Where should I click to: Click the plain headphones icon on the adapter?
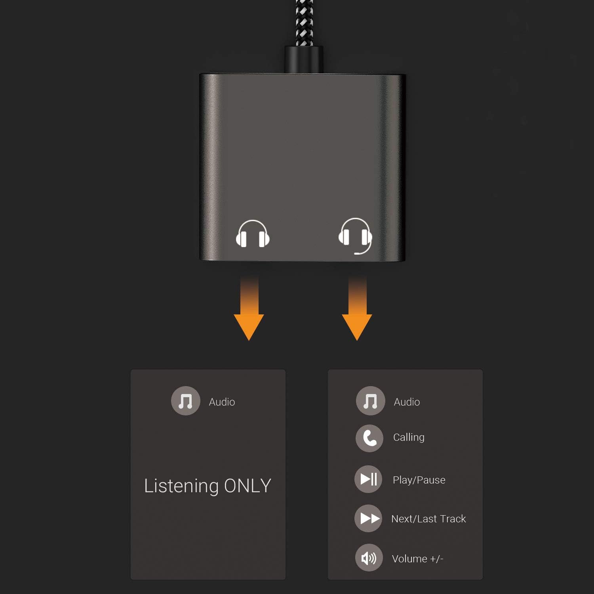click(x=253, y=234)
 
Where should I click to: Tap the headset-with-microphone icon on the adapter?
click(x=355, y=235)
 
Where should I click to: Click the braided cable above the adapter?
click(x=304, y=22)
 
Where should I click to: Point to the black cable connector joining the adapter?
click(x=304, y=59)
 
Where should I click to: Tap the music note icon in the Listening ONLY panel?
click(x=185, y=401)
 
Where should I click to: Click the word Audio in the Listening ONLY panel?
click(x=222, y=402)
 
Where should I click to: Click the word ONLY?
click(x=247, y=486)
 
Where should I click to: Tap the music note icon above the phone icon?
click(x=370, y=401)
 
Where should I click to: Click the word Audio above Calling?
click(x=407, y=402)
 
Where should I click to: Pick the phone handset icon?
click(x=369, y=438)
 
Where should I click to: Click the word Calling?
click(x=409, y=437)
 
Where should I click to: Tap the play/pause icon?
click(x=368, y=479)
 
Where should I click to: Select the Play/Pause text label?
click(x=419, y=480)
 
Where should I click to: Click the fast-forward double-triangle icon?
click(x=368, y=518)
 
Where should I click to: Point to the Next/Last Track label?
click(x=428, y=519)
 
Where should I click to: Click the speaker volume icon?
click(x=369, y=558)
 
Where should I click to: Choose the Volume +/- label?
click(x=417, y=559)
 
